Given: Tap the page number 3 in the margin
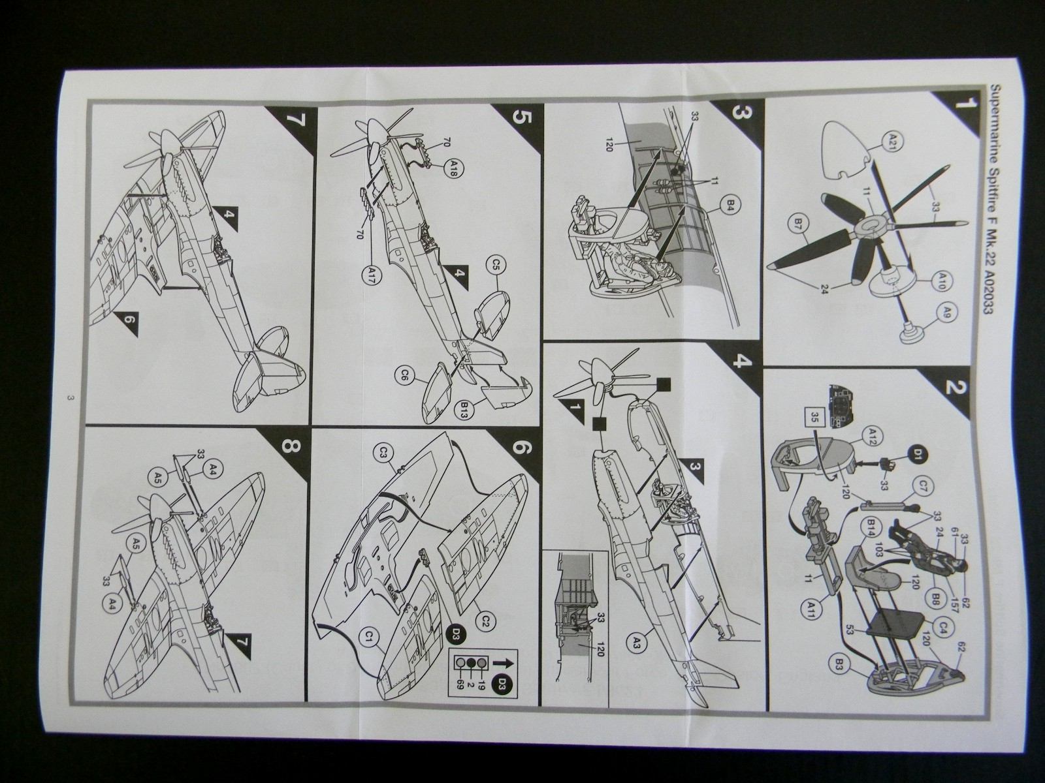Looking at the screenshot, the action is coord(68,399).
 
